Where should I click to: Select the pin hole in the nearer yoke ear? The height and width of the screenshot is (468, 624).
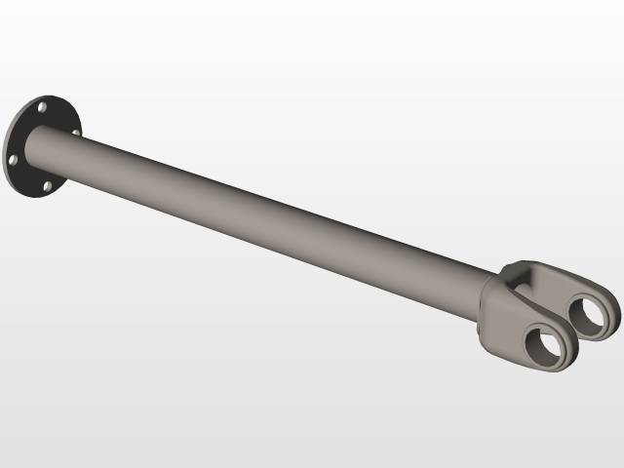(x=547, y=346)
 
